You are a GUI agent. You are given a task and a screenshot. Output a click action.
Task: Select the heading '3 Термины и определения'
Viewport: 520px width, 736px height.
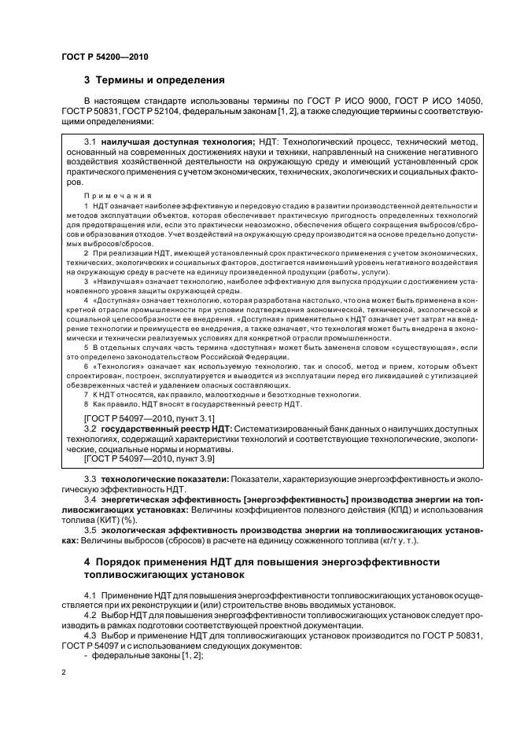point(154,79)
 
